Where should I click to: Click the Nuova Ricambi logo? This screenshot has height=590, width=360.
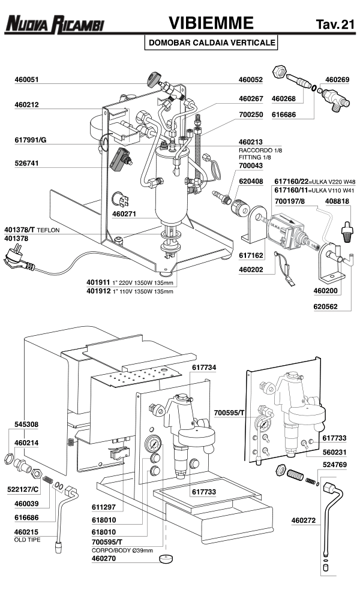tap(54, 25)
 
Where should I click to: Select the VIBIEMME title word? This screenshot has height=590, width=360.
tap(210, 23)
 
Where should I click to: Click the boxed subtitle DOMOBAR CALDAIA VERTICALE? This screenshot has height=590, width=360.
tap(211, 43)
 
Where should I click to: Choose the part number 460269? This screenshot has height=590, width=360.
tap(337, 79)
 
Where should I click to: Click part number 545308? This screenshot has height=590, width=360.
tap(26, 424)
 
